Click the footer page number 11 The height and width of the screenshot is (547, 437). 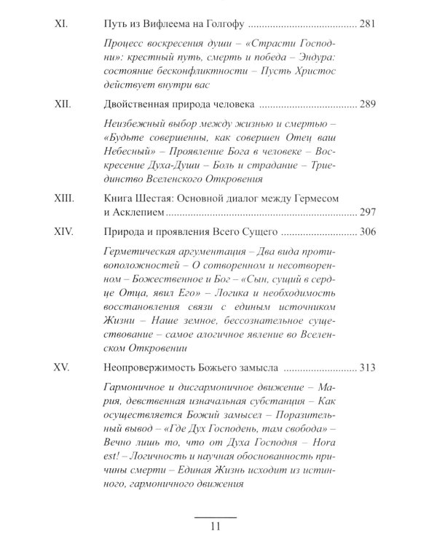point(218,527)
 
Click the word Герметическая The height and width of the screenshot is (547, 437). point(141,255)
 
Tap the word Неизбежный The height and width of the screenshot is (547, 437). point(133,126)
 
